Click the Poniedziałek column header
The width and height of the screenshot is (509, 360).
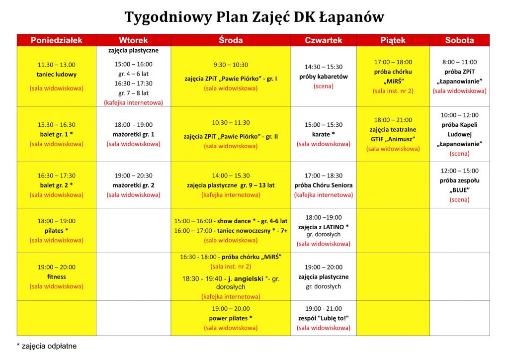coord(56,40)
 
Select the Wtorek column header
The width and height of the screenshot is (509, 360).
coord(133,40)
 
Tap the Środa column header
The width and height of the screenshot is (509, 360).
coord(231,40)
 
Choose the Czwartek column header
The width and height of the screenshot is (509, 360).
coord(324,40)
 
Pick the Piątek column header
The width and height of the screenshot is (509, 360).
coord(393,40)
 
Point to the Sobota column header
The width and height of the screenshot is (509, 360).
coord(459,40)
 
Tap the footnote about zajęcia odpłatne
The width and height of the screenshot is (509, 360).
coord(47,346)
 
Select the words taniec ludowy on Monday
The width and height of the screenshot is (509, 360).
coord(57,75)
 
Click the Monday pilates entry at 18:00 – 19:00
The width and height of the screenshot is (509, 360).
coord(57,231)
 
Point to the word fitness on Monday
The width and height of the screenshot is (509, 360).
coord(57,276)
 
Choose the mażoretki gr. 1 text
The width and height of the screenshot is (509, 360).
coord(133,134)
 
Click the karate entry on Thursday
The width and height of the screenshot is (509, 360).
coord(324,134)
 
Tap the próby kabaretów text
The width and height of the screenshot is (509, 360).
coord(324,77)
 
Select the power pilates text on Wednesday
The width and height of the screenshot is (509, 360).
coord(231,318)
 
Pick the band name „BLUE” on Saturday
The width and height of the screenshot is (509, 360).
coord(459,190)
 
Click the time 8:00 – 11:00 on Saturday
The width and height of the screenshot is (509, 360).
coord(459,62)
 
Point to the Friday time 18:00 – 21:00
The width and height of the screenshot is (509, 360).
coord(393,120)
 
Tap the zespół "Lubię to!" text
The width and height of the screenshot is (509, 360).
coord(324,318)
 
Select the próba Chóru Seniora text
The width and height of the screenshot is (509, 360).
coord(324,185)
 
